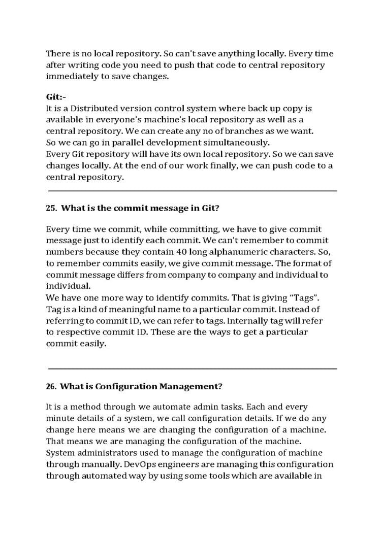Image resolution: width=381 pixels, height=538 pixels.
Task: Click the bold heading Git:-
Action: tap(56, 97)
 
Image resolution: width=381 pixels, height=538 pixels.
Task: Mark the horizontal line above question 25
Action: tap(193, 191)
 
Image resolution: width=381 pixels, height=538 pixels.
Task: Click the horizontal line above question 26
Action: tap(193, 368)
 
